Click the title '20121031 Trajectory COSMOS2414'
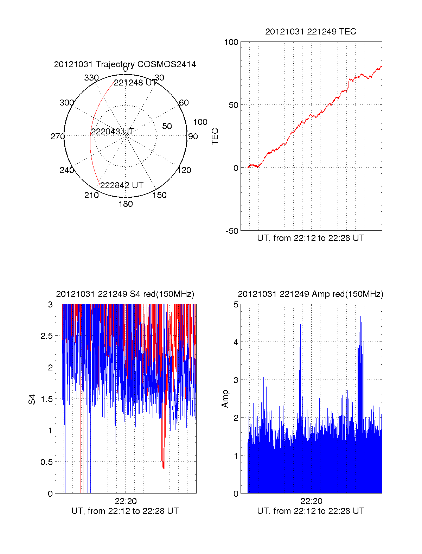tap(125, 64)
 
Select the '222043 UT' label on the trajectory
tap(113, 132)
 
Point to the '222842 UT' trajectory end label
tap(122, 185)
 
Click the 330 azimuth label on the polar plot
tap(91, 78)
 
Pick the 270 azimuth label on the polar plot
tap(57, 136)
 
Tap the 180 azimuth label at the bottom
tap(126, 204)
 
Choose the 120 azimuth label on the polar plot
tap(184, 170)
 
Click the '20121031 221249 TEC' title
tap(311, 32)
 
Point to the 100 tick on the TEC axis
tap(231, 42)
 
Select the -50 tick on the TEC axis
tap(232, 231)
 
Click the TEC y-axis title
tap(215, 136)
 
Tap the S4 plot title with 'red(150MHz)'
tap(125, 294)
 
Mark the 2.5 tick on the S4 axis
tap(47, 336)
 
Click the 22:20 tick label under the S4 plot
tap(126, 501)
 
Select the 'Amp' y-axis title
tap(225, 399)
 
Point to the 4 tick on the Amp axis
tap(236, 342)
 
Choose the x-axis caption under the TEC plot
tap(311, 238)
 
